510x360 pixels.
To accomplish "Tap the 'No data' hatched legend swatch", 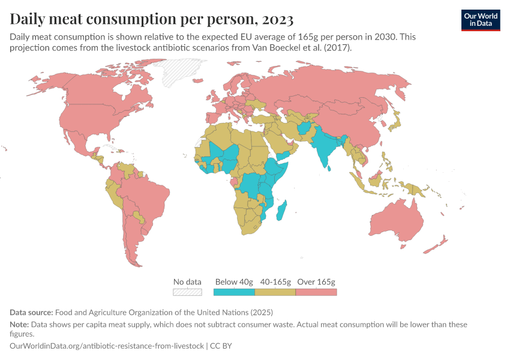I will (x=187, y=292).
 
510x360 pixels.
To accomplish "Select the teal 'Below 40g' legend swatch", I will (x=234, y=292).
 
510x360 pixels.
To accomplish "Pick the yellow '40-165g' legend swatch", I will (x=275, y=292).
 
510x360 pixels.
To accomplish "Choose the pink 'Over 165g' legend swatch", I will (x=316, y=292).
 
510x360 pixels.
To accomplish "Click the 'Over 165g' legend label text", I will (x=316, y=281).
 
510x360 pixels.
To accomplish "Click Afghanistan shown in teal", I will (x=305, y=128).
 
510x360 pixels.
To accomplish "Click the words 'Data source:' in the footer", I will (x=31, y=313).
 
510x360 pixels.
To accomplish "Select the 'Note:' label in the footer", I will (x=20, y=325).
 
